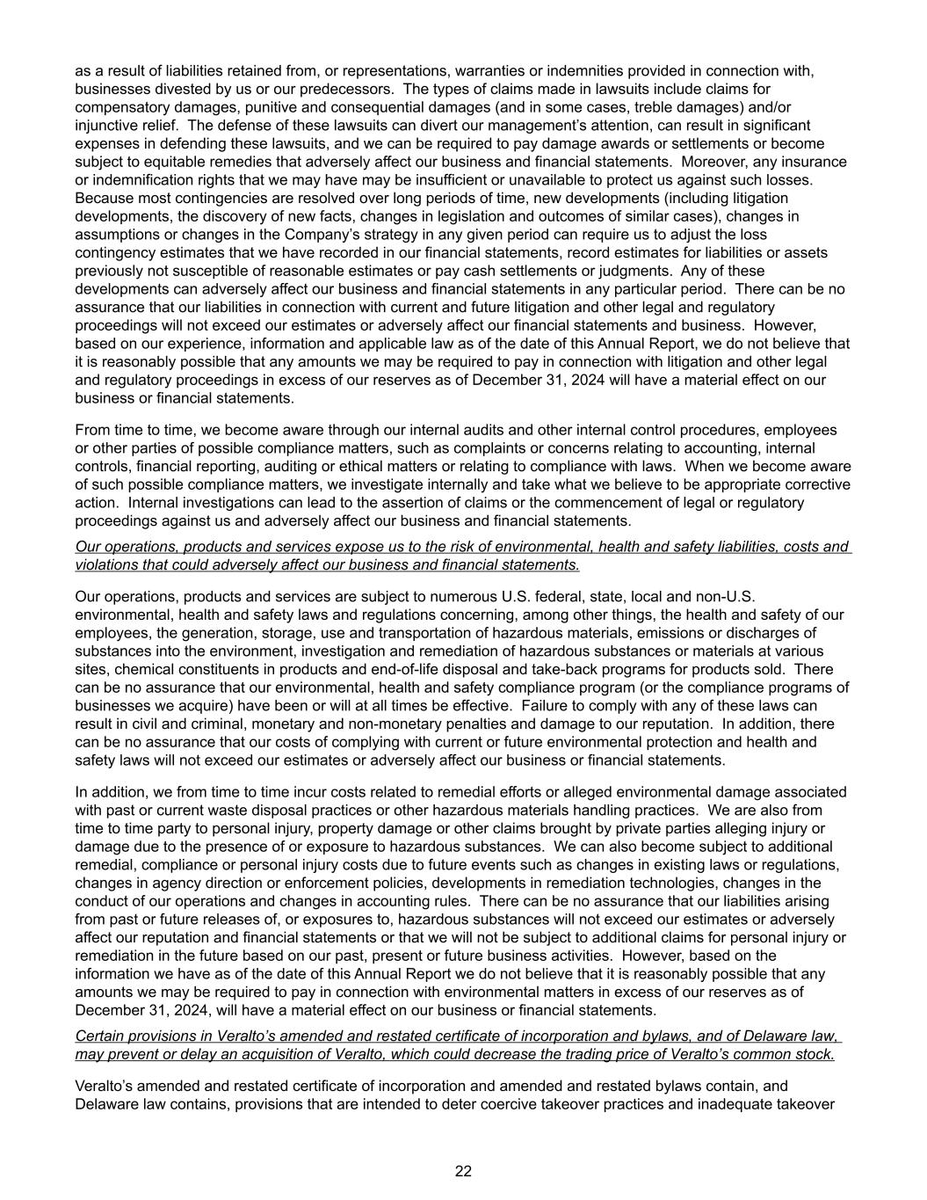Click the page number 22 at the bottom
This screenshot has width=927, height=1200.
click(463, 1170)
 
